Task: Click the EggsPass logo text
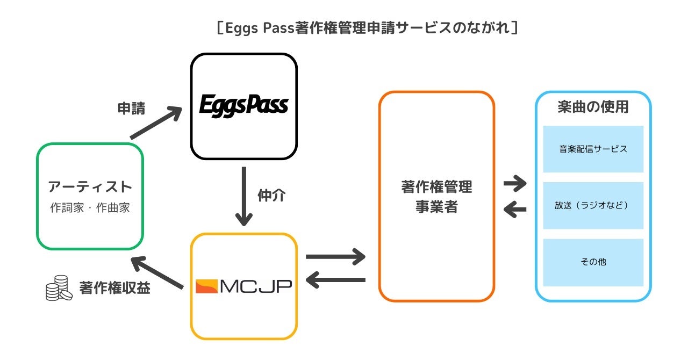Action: (243, 105)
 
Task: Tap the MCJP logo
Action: (243, 286)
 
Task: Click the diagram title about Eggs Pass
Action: (367, 27)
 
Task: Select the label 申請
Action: (132, 108)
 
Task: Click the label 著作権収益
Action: (114, 288)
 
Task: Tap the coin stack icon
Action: (59, 289)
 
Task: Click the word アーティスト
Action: (90, 187)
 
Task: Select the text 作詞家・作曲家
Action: (90, 208)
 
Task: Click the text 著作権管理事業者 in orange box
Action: (436, 197)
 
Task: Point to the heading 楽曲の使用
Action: (593, 106)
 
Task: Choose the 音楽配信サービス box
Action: (593, 149)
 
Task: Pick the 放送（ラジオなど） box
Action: (593, 205)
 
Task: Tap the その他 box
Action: (593, 262)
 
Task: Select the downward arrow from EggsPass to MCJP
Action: (244, 196)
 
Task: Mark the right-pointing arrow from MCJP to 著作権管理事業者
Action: (335, 256)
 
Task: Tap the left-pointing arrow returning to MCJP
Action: (335, 279)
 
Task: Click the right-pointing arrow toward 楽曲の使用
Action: (515, 184)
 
